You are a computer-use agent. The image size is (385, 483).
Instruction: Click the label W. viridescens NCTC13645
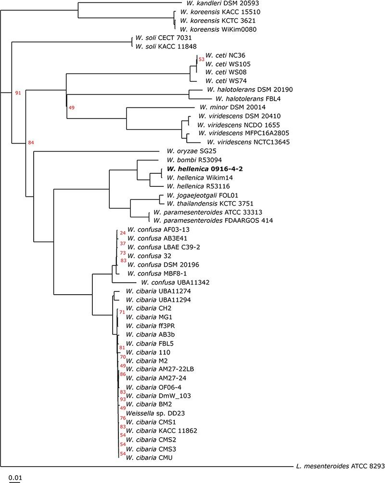[x=240, y=142]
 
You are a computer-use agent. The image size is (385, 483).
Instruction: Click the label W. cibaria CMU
[x=149, y=457]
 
